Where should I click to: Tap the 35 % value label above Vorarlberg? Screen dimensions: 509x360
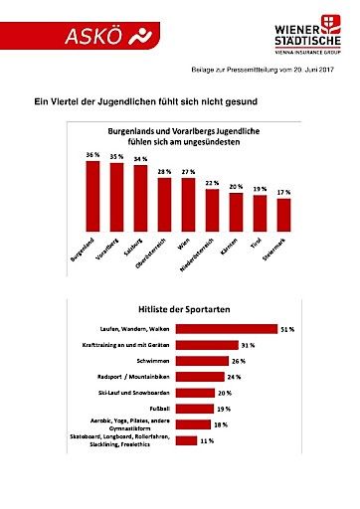[x=116, y=156]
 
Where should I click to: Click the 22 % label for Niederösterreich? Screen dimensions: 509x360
[x=212, y=182]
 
